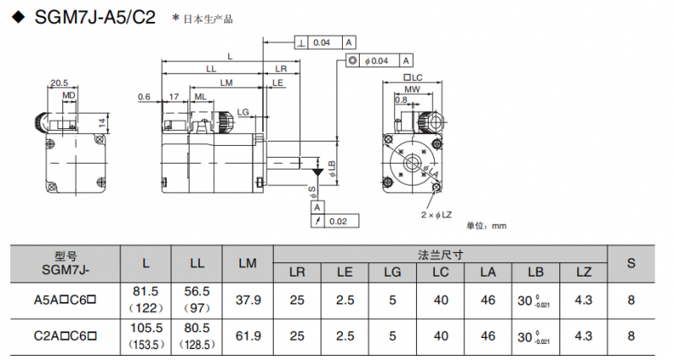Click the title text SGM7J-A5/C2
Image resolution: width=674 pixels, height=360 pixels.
click(95, 17)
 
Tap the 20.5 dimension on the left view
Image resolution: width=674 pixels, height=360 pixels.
click(59, 83)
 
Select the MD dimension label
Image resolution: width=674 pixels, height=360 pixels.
click(69, 95)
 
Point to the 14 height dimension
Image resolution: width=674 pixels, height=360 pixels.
click(102, 123)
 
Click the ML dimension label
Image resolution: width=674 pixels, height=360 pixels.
click(201, 97)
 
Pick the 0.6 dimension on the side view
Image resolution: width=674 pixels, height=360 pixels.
click(144, 97)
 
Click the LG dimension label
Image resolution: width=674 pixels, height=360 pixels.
click(243, 112)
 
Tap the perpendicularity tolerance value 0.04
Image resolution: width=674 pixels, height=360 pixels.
click(322, 43)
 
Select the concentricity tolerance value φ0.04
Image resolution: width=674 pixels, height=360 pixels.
click(377, 61)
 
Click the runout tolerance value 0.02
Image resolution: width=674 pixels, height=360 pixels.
click(338, 221)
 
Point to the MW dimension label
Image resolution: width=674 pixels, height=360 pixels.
click(412, 89)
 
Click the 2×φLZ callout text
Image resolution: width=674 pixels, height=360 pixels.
click(436, 214)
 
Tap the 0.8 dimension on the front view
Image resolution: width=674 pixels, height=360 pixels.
click(401, 99)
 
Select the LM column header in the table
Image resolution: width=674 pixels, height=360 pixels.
click(248, 263)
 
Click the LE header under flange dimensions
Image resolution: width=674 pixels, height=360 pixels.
click(345, 272)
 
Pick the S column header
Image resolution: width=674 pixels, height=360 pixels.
click(631, 263)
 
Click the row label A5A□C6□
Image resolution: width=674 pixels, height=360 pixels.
click(65, 300)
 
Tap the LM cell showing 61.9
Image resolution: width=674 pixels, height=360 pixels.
click(248, 336)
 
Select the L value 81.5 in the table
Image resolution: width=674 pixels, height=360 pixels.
click(145, 291)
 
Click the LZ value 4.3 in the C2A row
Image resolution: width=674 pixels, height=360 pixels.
click(583, 336)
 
